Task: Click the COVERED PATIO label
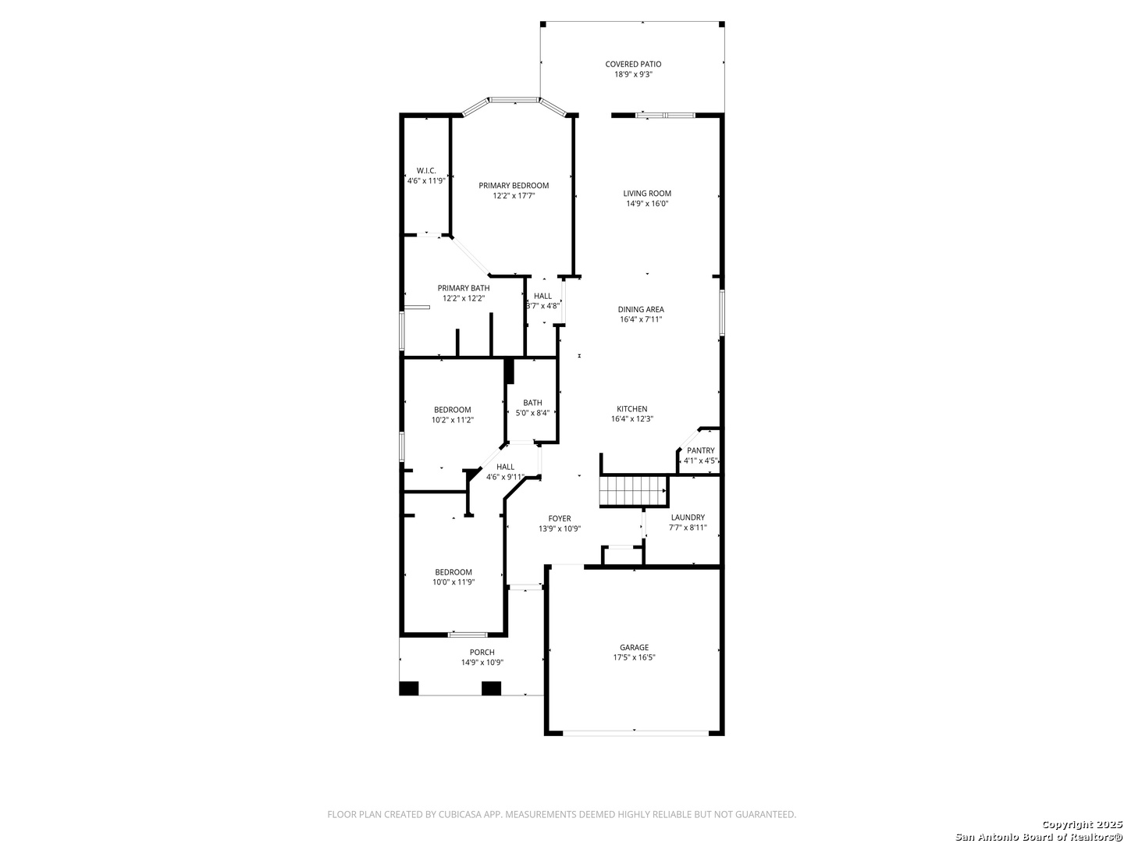tap(633, 65)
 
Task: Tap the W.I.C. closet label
tap(426, 171)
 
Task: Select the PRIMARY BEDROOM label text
tap(514, 186)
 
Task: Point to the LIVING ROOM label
tap(647, 194)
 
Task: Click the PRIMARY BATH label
tap(464, 288)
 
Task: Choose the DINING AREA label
tap(641, 310)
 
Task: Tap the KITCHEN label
tap(632, 409)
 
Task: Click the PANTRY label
tap(700, 451)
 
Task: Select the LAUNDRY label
tap(688, 518)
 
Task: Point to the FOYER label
tap(559, 519)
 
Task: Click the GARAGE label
tap(634, 648)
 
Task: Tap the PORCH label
tap(482, 653)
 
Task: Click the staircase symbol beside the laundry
tap(634, 491)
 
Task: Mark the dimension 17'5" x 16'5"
tap(634, 658)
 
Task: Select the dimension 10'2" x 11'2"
tap(452, 420)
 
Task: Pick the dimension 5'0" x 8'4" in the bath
tap(532, 413)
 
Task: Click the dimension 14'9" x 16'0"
tap(647, 204)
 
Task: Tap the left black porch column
tap(409, 688)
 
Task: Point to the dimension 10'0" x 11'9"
tap(454, 582)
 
